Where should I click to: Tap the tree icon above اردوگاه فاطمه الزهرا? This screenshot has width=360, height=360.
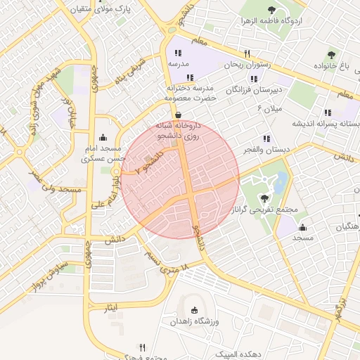(271, 10)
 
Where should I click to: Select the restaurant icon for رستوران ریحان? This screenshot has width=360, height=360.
(247, 53)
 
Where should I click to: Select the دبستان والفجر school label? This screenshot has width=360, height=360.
(264, 149)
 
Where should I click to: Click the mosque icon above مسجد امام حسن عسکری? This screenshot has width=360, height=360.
(104, 137)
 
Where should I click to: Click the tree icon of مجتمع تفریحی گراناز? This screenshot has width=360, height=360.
(264, 198)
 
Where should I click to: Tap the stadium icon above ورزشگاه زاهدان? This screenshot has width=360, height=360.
(195, 310)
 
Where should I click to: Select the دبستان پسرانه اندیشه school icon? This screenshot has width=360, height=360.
(328, 112)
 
